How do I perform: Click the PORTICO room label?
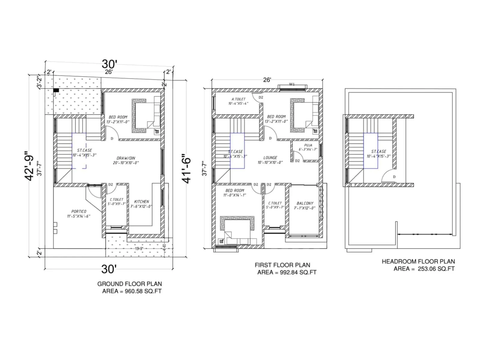coord(79,211)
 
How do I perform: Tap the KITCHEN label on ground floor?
coord(141,202)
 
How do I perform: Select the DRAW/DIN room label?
coord(126,158)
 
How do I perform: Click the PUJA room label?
coord(308,145)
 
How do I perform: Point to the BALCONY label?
coord(305,203)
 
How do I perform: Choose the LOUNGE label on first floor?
coord(270,157)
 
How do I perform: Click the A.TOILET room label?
coord(238,99)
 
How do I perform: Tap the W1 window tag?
coord(292,84)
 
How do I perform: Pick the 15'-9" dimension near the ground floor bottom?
coord(139,249)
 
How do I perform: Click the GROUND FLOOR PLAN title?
coord(129,284)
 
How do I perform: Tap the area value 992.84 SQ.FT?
coord(298,272)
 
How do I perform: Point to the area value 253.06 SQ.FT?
coord(436,269)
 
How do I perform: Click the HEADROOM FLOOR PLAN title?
coord(418,261)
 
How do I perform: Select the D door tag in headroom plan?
coord(394,177)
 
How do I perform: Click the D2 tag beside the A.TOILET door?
coord(261,97)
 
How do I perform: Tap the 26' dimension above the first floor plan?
coord(267,80)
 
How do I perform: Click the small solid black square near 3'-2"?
coord(56,90)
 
